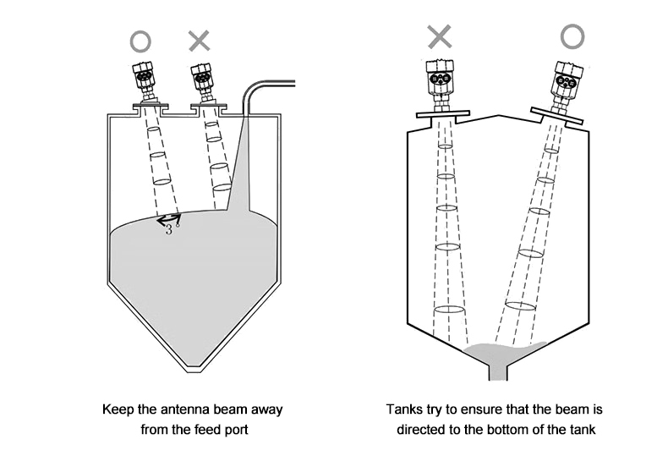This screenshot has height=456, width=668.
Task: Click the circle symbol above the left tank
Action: coord(141,41)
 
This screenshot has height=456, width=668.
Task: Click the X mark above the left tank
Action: coord(199,40)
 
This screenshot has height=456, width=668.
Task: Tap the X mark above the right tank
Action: coord(440,36)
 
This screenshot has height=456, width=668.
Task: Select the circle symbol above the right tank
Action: coord(572,36)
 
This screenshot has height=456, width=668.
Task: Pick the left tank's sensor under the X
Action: coord(202,81)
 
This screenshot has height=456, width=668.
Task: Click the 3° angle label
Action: coord(170,229)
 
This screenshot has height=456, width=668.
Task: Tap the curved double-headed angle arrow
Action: coord(166,219)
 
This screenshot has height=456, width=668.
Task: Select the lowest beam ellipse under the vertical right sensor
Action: coord(449,309)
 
